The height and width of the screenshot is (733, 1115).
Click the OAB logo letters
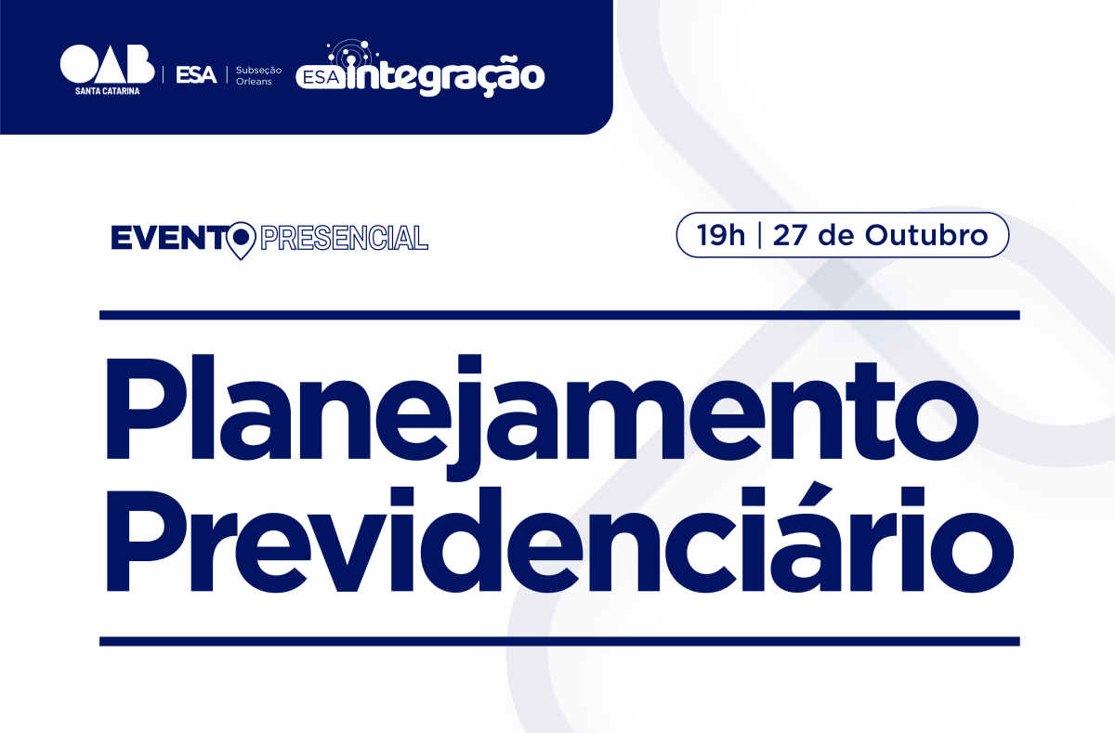(107, 64)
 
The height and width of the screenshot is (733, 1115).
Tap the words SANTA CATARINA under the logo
(108, 91)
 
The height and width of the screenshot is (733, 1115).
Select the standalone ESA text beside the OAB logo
(196, 75)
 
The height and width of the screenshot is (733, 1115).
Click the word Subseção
(259, 71)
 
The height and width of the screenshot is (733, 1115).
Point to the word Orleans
(254, 82)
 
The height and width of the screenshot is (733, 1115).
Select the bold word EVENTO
(170, 238)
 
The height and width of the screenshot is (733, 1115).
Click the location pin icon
(241, 240)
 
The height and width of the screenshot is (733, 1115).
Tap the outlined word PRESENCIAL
(344, 238)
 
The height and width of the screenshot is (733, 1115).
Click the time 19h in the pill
(721, 235)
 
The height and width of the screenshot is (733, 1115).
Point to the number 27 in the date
(790, 235)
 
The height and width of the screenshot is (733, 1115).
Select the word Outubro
(926, 235)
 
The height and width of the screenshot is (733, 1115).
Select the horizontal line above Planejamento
(559, 315)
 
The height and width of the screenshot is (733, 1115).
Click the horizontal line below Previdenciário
(559, 641)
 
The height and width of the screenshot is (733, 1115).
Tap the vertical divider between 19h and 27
(759, 235)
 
